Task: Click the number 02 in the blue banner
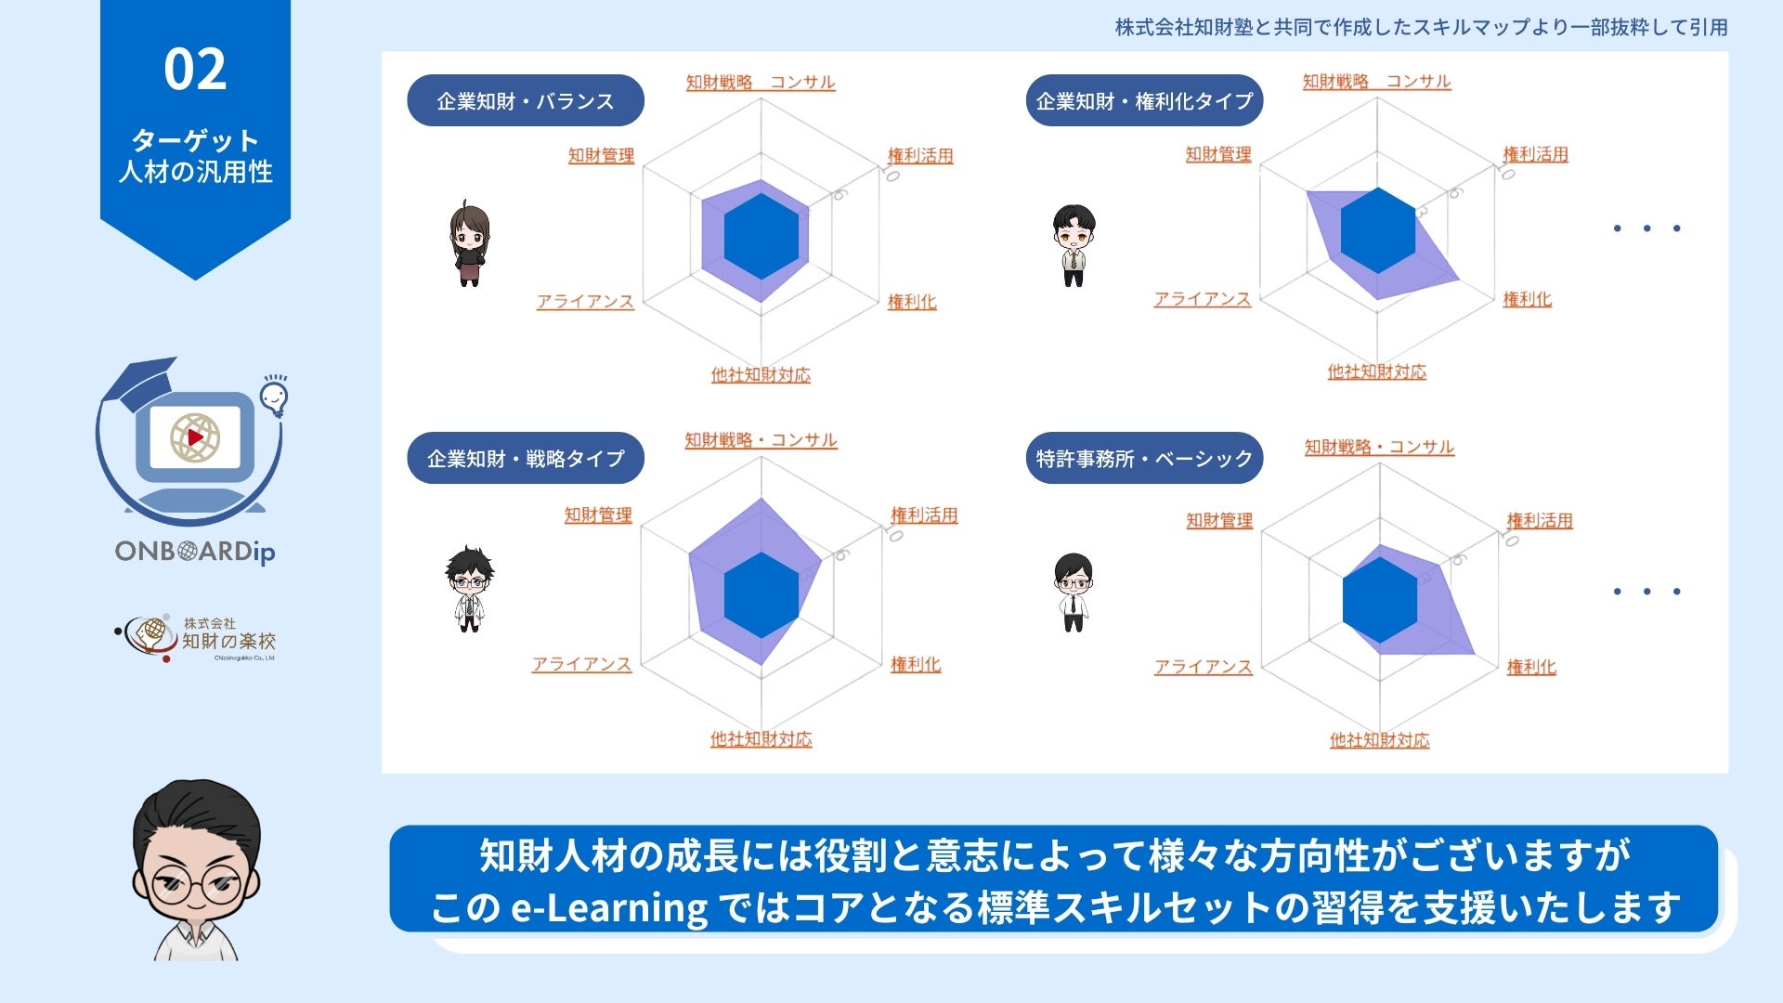(195, 71)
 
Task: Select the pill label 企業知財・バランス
(526, 100)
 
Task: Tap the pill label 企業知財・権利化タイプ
(1144, 100)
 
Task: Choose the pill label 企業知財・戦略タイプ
(526, 458)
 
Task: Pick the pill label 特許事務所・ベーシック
(1144, 458)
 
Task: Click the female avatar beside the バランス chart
(469, 243)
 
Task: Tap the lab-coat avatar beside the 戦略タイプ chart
(469, 589)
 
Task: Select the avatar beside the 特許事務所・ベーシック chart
(1074, 592)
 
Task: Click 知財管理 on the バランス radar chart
(601, 155)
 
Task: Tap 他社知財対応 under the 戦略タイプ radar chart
(761, 739)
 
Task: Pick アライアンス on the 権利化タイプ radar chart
(1202, 299)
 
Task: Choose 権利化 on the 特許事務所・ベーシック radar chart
(1531, 667)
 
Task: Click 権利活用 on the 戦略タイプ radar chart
(924, 515)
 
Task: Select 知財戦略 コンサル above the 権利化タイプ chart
(1376, 82)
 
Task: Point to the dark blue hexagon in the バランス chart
(761, 237)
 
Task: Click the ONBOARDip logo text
(195, 552)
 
